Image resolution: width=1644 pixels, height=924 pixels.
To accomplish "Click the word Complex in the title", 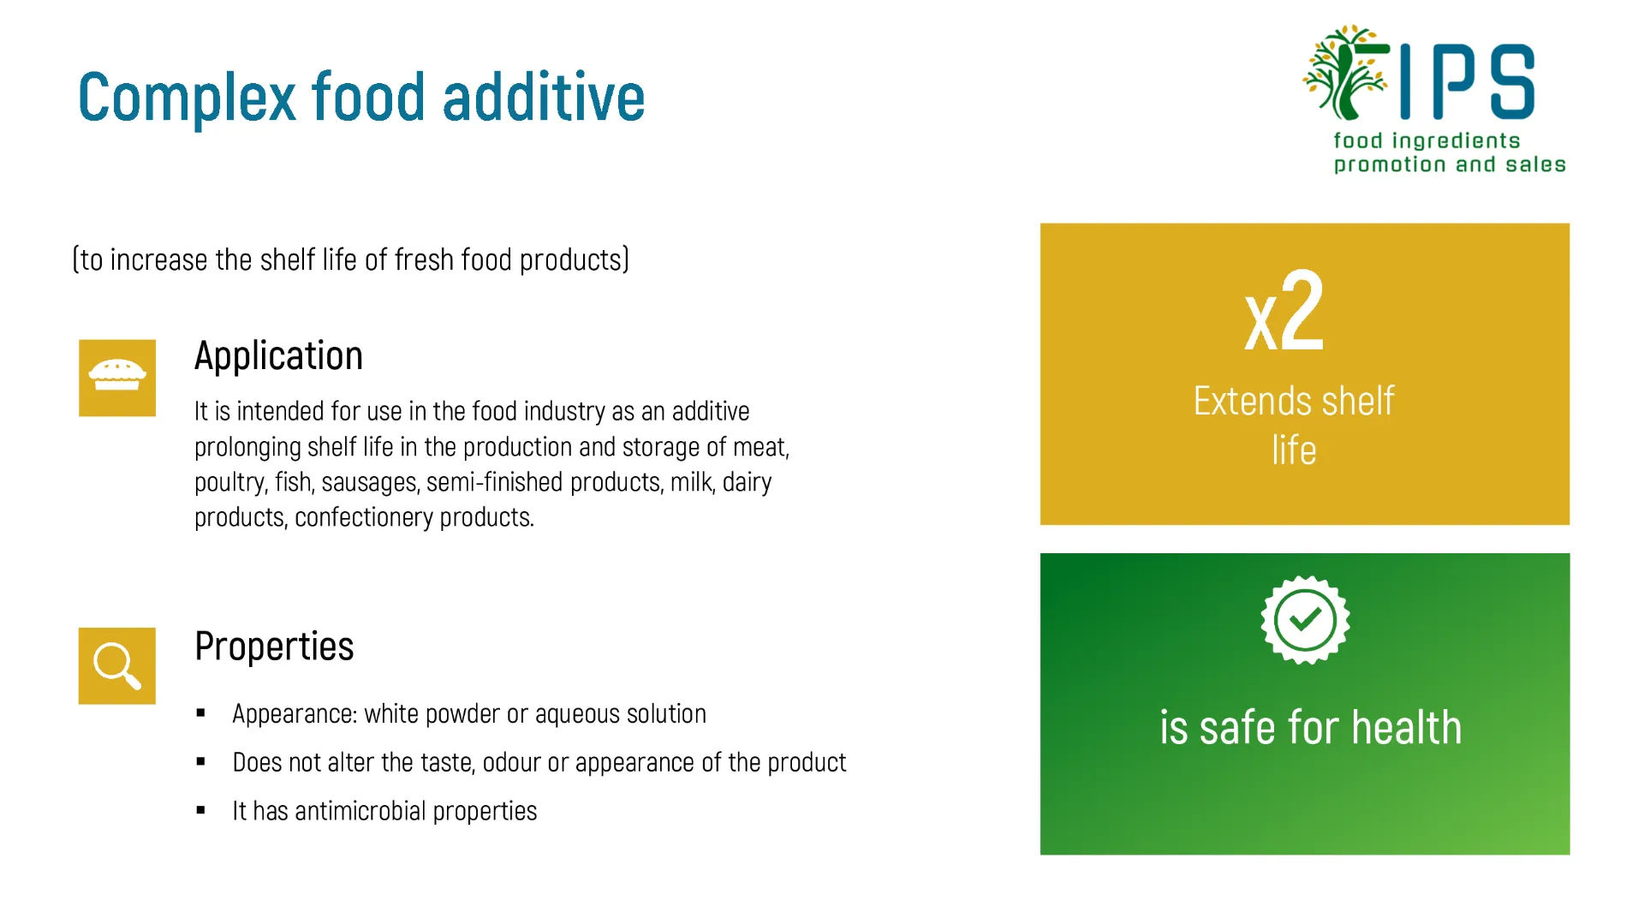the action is point(187,98).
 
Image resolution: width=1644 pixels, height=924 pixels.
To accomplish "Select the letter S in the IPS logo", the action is point(1513,81).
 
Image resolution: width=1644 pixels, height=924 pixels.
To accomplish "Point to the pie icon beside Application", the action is point(117,376).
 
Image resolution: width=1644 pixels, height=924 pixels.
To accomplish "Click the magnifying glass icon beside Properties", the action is point(117,665).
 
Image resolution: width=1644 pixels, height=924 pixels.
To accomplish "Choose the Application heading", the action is point(278,356).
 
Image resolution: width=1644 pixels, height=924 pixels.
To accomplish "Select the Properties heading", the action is point(274,647).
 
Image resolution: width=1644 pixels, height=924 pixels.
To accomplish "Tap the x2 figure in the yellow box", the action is point(1284,311).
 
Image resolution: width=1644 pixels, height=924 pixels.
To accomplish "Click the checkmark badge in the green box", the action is point(1305,619).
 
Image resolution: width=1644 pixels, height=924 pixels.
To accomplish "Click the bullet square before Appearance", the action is point(200,712).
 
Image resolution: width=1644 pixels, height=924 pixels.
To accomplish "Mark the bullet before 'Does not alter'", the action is point(200,761).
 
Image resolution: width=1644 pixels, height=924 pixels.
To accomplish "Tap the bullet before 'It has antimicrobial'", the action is point(200,810).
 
